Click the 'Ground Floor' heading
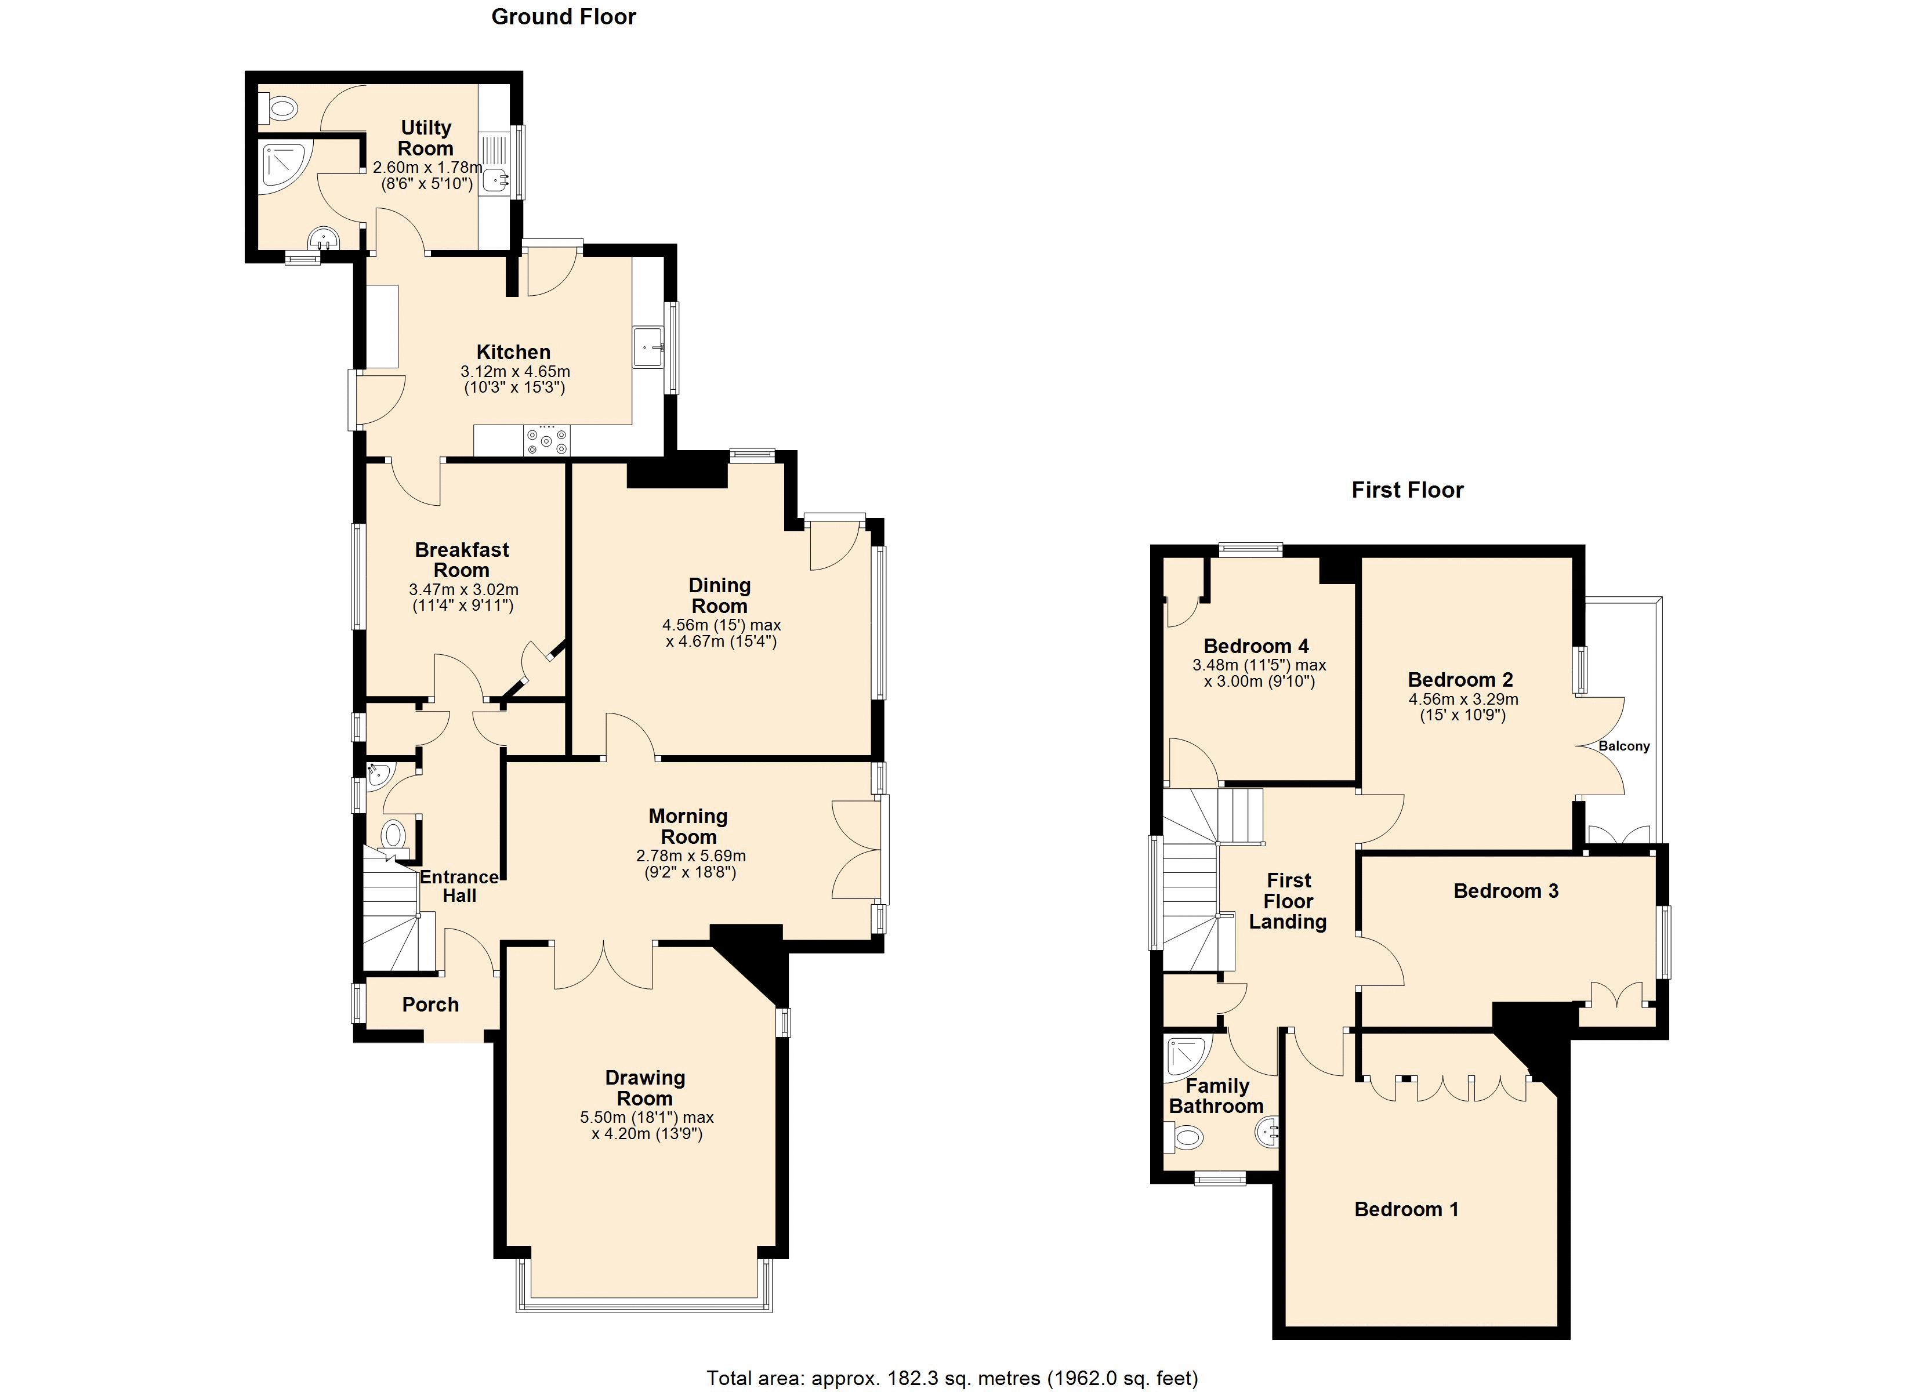click(x=563, y=17)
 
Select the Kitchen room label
click(x=513, y=352)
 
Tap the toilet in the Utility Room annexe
click(x=280, y=108)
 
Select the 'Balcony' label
click(x=1623, y=746)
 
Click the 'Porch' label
click(x=430, y=1005)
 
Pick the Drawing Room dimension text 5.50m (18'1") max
click(x=647, y=1118)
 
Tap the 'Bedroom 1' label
click(x=1406, y=1209)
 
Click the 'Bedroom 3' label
click(x=1506, y=890)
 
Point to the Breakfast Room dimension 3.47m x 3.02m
click(x=463, y=589)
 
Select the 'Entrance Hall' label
click(x=459, y=886)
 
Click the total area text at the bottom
click(x=952, y=1379)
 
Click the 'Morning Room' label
click(x=688, y=826)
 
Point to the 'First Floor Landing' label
click(x=1288, y=901)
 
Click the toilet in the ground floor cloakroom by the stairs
click(x=393, y=836)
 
